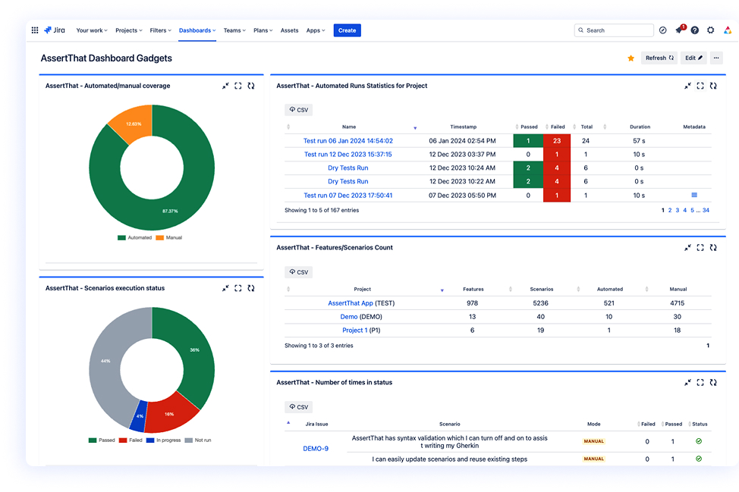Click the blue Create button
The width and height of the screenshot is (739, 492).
point(347,30)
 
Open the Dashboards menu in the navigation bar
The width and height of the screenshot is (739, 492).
point(197,30)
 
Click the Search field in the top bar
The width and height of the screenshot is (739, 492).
point(614,30)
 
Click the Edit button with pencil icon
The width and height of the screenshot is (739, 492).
point(693,58)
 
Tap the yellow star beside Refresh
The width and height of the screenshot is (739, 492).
point(631,58)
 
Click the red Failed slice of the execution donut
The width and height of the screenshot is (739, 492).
point(169,414)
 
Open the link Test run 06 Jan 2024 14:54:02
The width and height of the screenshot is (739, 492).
point(347,141)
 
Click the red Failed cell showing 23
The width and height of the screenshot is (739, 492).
point(556,141)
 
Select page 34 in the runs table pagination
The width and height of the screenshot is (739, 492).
point(706,210)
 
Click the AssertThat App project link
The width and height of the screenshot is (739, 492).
point(351,303)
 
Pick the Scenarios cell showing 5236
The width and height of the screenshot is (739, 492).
point(540,303)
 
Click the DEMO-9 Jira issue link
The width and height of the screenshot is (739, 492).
point(316,448)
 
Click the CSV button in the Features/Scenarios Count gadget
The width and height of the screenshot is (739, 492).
point(298,272)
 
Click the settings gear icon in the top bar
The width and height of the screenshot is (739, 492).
point(710,30)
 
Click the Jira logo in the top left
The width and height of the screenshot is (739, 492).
point(55,30)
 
